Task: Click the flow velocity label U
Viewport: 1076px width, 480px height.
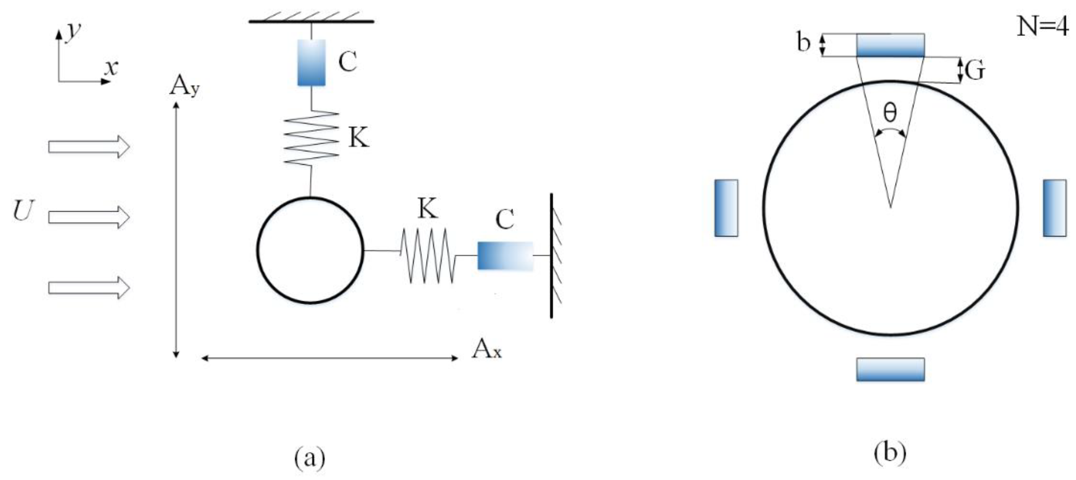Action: [23, 210]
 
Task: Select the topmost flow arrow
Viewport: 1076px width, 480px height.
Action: [89, 147]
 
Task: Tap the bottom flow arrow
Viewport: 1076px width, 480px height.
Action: [89, 288]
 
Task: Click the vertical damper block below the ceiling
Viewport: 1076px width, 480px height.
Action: [311, 63]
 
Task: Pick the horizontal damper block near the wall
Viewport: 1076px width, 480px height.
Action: [505, 255]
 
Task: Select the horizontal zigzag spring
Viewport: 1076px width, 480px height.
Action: [427, 255]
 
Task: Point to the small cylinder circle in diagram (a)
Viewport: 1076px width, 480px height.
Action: [310, 250]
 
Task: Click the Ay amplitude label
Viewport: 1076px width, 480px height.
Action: [184, 87]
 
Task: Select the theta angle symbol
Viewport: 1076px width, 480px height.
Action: [890, 112]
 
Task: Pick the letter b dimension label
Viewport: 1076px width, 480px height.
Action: [803, 43]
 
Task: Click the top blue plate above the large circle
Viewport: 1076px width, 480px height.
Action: [890, 45]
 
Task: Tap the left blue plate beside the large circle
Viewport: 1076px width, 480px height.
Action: [726, 208]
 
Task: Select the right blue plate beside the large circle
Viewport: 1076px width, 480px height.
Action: [1054, 208]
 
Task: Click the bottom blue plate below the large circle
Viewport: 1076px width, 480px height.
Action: [890, 369]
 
